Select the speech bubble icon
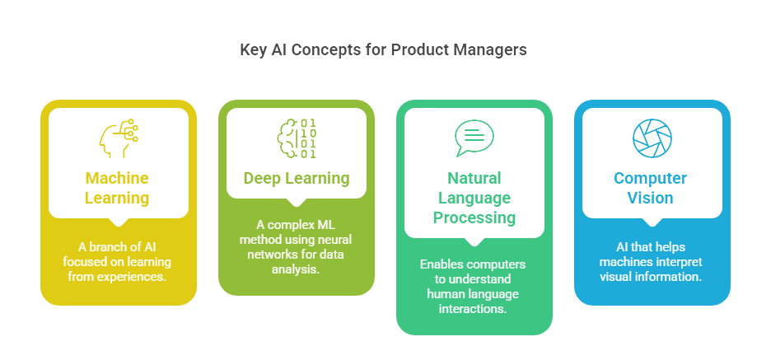(474, 138)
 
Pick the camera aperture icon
(652, 138)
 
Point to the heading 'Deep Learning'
(297, 178)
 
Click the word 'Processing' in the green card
(474, 217)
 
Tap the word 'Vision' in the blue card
(652, 198)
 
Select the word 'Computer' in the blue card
(652, 178)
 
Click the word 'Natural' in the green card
(474, 178)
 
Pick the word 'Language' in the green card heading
(474, 198)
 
